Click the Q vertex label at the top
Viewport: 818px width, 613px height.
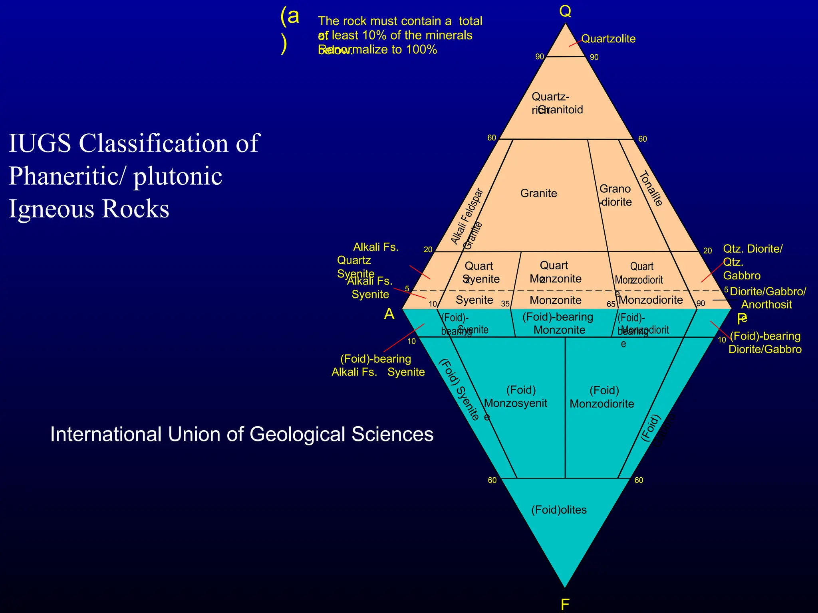[565, 12]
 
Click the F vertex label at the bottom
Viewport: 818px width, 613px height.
[564, 605]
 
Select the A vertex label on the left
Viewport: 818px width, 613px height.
[389, 314]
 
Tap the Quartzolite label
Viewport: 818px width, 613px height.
[608, 39]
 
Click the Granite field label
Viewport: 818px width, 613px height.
[538, 194]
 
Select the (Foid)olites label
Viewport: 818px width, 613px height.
[559, 510]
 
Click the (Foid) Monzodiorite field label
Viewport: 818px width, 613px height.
[602, 397]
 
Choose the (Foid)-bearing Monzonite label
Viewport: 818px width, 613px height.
[558, 323]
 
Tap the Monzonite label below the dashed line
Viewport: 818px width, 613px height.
[556, 300]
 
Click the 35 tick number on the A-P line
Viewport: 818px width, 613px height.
[505, 304]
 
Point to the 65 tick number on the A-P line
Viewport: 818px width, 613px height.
[611, 304]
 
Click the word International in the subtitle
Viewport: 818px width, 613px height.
[105, 434]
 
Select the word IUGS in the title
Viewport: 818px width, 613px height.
[39, 143]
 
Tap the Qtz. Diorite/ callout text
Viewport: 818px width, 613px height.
[752, 249]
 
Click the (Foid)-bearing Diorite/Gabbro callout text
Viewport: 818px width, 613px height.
[765, 343]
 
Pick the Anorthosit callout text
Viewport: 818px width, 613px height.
[766, 305]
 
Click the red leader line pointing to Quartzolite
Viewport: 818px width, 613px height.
[575, 43]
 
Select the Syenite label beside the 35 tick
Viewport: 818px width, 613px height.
[474, 300]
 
